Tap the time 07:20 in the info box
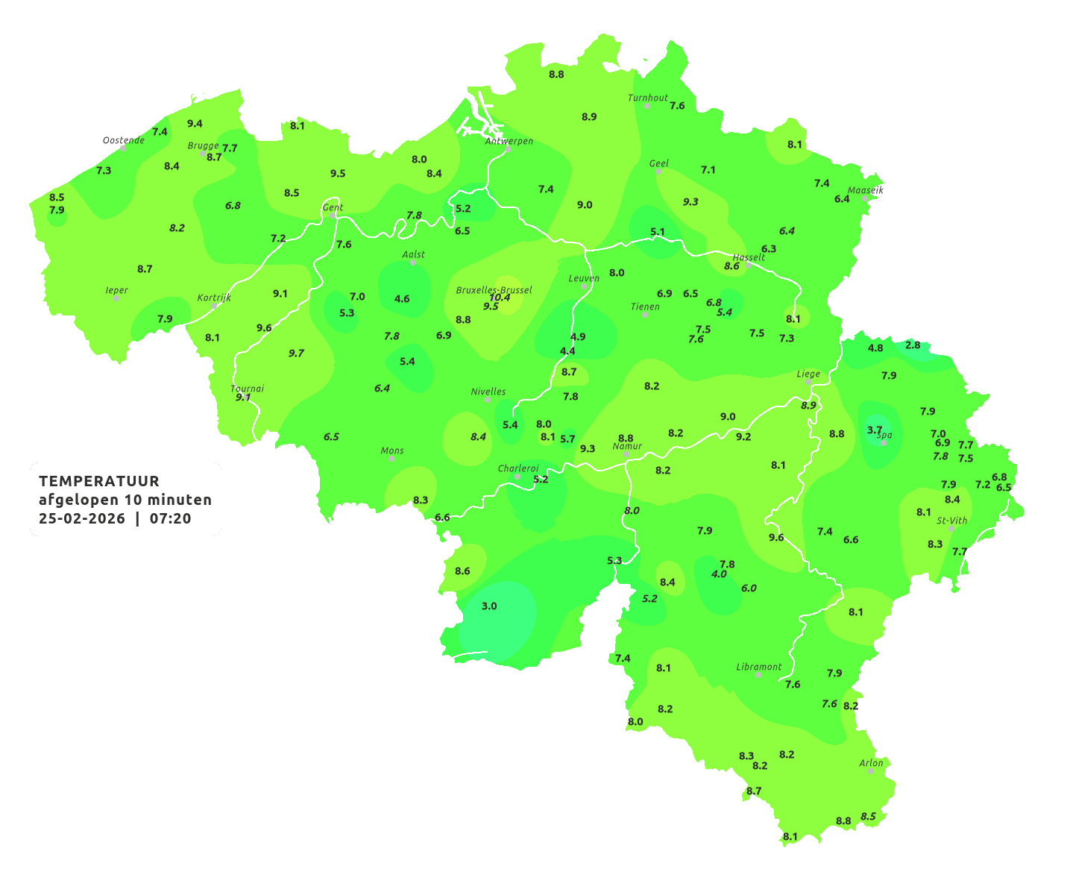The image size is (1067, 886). click(170, 518)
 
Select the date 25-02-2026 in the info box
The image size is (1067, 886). click(82, 518)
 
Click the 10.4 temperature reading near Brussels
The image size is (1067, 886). click(500, 297)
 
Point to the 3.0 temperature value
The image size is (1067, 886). click(489, 606)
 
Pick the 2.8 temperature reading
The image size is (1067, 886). click(913, 345)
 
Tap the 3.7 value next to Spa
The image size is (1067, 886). click(875, 430)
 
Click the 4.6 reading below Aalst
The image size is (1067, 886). click(402, 298)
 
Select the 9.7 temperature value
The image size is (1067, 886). click(296, 353)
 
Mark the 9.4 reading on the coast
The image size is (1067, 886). click(195, 123)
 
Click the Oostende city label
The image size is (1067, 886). click(124, 140)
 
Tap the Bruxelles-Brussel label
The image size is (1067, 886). click(494, 289)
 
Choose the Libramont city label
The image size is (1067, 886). click(759, 667)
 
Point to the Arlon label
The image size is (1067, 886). click(871, 763)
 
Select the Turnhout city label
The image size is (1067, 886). click(648, 98)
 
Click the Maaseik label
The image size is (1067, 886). click(865, 190)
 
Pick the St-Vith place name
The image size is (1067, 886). click(951, 521)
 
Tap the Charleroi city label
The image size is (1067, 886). click(518, 468)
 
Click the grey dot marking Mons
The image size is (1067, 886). click(391, 459)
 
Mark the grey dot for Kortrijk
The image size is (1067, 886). click(214, 306)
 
